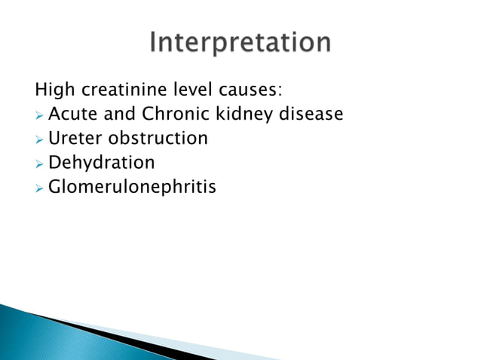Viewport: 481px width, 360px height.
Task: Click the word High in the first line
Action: [52, 92]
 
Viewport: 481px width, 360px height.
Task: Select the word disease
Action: [311, 115]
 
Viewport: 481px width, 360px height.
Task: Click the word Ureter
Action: [73, 139]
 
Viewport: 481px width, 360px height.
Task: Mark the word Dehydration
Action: [101, 162]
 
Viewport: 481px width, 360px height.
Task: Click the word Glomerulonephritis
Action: [132, 186]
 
